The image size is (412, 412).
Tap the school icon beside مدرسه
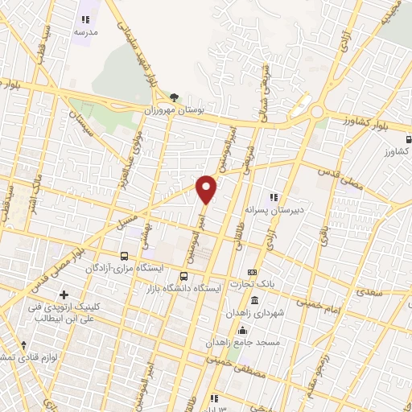[86, 20]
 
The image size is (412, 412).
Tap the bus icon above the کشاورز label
[403, 138]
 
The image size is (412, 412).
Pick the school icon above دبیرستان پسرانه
[274, 196]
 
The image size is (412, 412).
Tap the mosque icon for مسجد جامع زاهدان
[241, 330]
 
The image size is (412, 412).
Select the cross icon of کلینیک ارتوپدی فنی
[64, 295]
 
